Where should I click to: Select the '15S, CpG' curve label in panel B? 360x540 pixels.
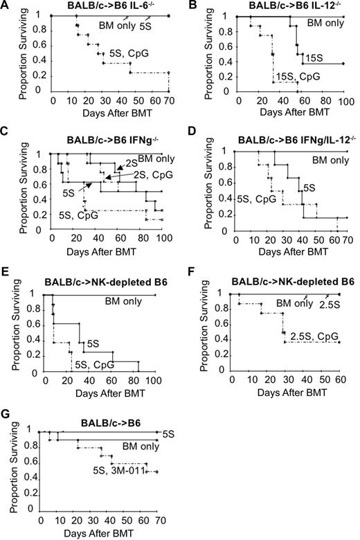[x=294, y=75]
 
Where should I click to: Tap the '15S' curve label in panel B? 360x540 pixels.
[x=316, y=59]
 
